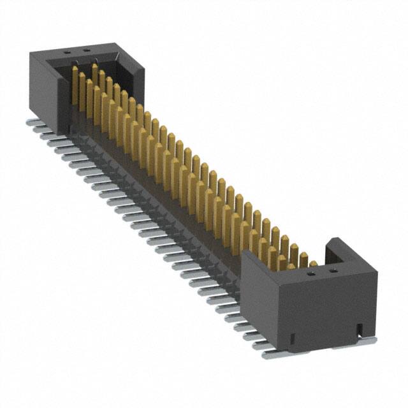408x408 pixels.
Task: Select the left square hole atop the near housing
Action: click(311, 272)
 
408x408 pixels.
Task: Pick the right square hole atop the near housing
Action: click(331, 270)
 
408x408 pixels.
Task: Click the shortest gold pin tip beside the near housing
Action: click(313, 263)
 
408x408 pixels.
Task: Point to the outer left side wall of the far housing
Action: click(41, 89)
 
